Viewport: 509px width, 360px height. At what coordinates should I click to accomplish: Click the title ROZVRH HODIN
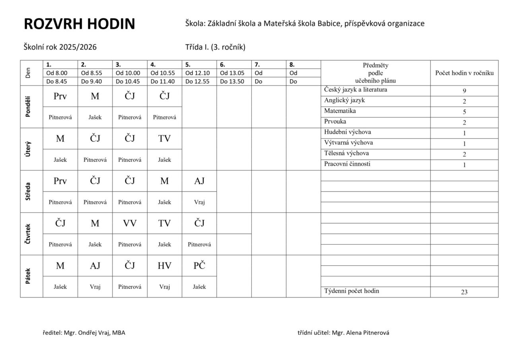[80, 24]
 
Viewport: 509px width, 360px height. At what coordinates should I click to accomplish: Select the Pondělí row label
[28, 107]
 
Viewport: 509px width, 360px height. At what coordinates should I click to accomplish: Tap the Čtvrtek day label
[28, 234]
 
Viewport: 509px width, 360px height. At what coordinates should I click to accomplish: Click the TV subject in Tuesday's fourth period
[164, 138]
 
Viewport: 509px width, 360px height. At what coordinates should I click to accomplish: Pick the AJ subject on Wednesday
[199, 181]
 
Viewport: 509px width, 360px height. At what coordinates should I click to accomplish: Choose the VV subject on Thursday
[130, 224]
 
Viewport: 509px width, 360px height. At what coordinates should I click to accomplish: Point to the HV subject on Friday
[164, 266]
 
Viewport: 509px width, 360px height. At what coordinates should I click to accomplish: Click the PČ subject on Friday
[199, 266]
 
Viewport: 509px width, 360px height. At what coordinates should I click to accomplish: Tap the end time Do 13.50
[233, 82]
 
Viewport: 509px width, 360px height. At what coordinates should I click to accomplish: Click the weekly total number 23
[464, 292]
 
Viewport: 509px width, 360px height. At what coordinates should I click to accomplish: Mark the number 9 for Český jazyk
[464, 91]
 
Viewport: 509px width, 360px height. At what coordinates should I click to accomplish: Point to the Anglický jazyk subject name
[344, 100]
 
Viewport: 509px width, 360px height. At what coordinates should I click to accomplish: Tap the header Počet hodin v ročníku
[464, 73]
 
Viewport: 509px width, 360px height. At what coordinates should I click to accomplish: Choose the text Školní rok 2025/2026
[60, 47]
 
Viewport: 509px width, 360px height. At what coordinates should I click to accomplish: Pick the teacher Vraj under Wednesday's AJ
[199, 202]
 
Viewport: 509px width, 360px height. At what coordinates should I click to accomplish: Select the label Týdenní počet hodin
[352, 291]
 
